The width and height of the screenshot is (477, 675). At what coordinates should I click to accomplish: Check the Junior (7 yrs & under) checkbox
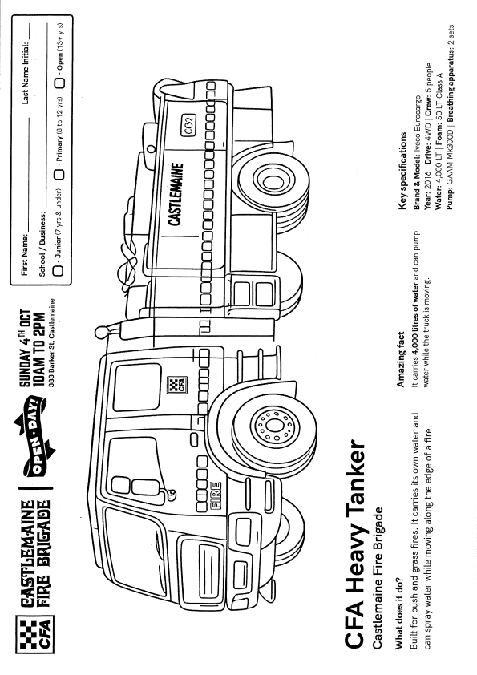pos(58,270)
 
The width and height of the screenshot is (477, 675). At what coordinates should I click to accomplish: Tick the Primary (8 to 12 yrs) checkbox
pos(58,174)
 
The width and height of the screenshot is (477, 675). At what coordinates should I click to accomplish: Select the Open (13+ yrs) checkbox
pos(59,83)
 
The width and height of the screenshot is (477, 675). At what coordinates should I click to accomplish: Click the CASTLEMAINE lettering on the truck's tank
pos(176,194)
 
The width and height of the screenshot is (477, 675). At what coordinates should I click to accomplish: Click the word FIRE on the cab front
pos(216,495)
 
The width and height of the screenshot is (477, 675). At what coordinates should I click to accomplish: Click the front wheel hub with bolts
pos(271,426)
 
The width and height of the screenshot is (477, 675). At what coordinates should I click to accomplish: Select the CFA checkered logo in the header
pos(34,633)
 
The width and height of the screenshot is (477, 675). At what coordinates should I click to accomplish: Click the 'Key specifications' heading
pos(402,171)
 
